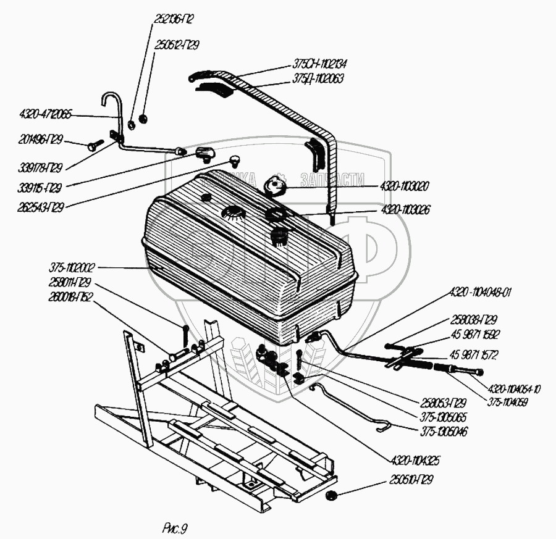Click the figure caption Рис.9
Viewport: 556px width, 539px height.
175,527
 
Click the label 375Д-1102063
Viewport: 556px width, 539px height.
319,79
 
